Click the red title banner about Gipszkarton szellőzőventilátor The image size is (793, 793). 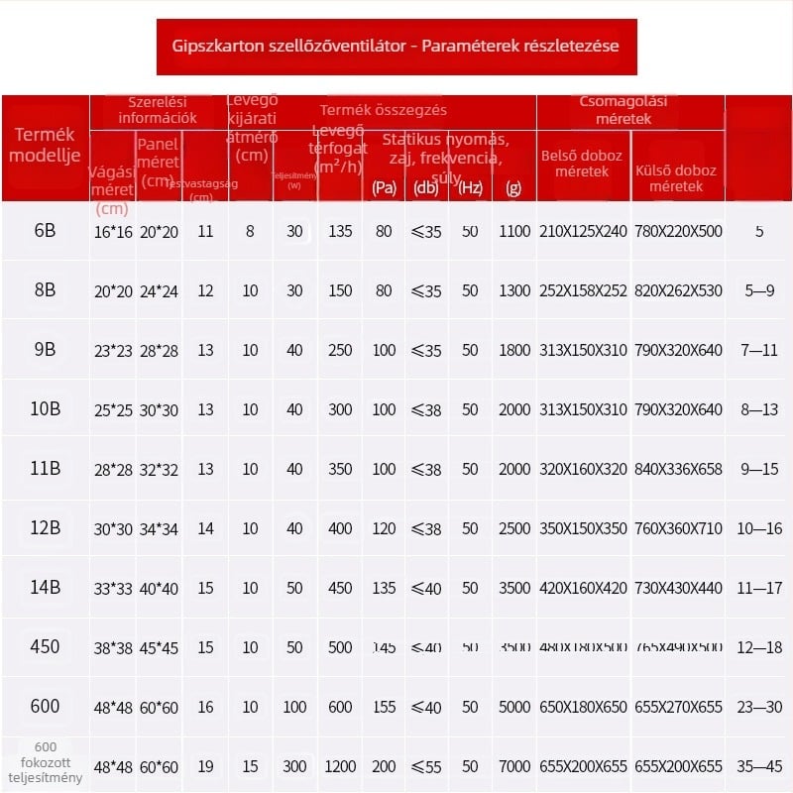click(396, 47)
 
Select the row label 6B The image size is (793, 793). click(45, 231)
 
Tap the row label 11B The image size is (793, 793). click(45, 469)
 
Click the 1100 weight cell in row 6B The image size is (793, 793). click(515, 231)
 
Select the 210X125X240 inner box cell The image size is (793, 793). click(583, 231)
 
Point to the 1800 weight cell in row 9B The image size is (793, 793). click(515, 350)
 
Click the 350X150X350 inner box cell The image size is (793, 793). click(583, 528)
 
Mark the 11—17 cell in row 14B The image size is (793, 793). click(759, 588)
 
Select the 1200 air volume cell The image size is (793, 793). click(340, 766)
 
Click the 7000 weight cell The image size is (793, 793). click(515, 766)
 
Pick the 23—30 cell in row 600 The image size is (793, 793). click(759, 707)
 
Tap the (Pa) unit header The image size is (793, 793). click(384, 187)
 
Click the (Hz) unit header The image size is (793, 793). click(470, 187)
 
